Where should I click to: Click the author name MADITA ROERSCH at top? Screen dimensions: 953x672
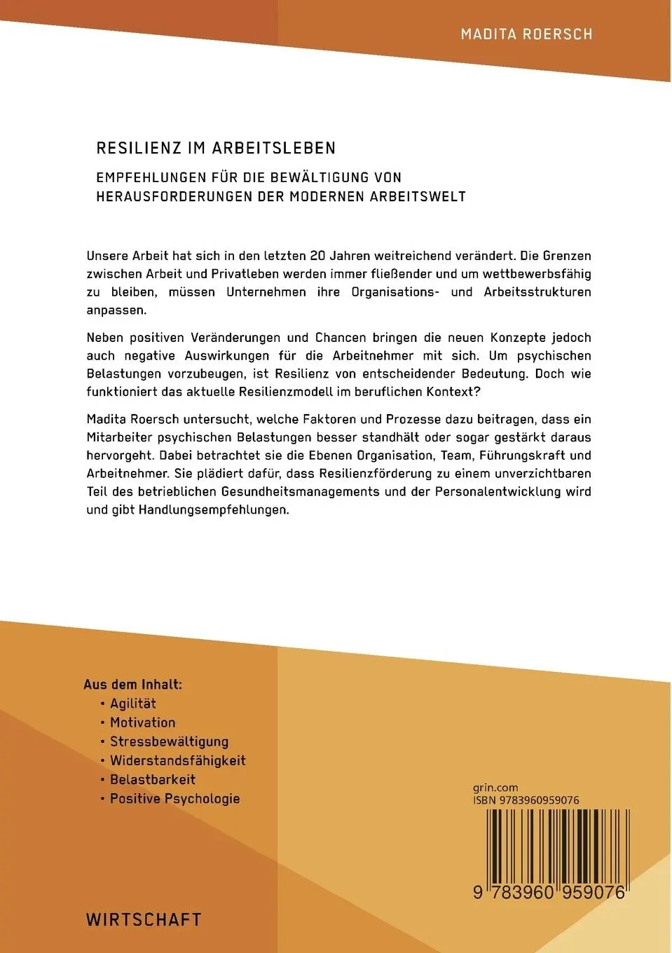click(526, 34)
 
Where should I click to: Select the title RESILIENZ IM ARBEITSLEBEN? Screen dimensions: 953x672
click(216, 148)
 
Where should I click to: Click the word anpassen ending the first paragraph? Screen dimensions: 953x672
click(116, 310)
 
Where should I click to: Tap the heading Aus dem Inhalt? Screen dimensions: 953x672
click(132, 685)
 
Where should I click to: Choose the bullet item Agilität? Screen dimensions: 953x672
click(132, 704)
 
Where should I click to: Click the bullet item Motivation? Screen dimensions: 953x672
click(142, 722)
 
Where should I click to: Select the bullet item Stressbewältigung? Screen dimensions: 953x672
click(169, 741)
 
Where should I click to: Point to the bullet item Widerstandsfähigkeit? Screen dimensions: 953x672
click(177, 760)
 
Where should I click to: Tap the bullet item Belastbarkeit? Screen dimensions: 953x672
click(152, 779)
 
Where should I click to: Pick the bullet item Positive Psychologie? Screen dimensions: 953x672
click(174, 798)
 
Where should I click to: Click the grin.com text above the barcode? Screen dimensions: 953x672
click(495, 788)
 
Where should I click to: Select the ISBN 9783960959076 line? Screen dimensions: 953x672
click(526, 800)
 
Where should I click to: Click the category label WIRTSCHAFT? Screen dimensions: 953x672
click(144, 919)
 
